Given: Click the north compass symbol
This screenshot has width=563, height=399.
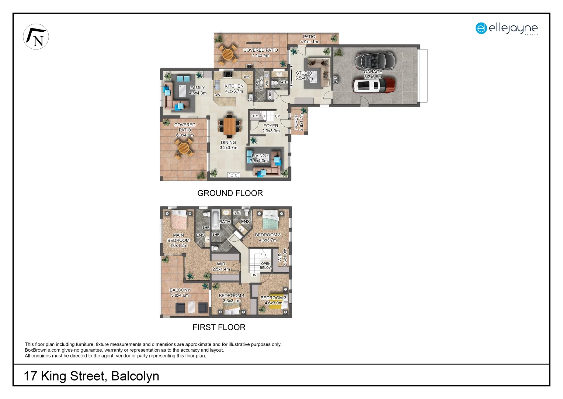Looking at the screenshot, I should coord(36,37).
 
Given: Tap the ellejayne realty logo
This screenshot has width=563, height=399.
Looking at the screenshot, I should coord(506,28).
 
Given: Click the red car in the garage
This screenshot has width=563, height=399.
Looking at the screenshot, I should coord(373,85).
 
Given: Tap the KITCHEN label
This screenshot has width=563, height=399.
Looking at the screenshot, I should coord(234,86).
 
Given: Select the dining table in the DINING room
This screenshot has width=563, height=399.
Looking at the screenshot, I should coord(229,126).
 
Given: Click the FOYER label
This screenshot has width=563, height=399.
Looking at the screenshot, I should coord(271,126).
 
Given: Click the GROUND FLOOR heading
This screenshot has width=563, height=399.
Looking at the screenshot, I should coord(230,193).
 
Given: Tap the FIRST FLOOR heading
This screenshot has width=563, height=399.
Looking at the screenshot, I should coord(219,327).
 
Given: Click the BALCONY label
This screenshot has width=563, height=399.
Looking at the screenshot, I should coord(180,290).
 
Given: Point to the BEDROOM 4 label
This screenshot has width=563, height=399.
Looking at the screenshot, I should coord(232,296).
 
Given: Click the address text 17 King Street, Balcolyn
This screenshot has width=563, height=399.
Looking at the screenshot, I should coord(91,376).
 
